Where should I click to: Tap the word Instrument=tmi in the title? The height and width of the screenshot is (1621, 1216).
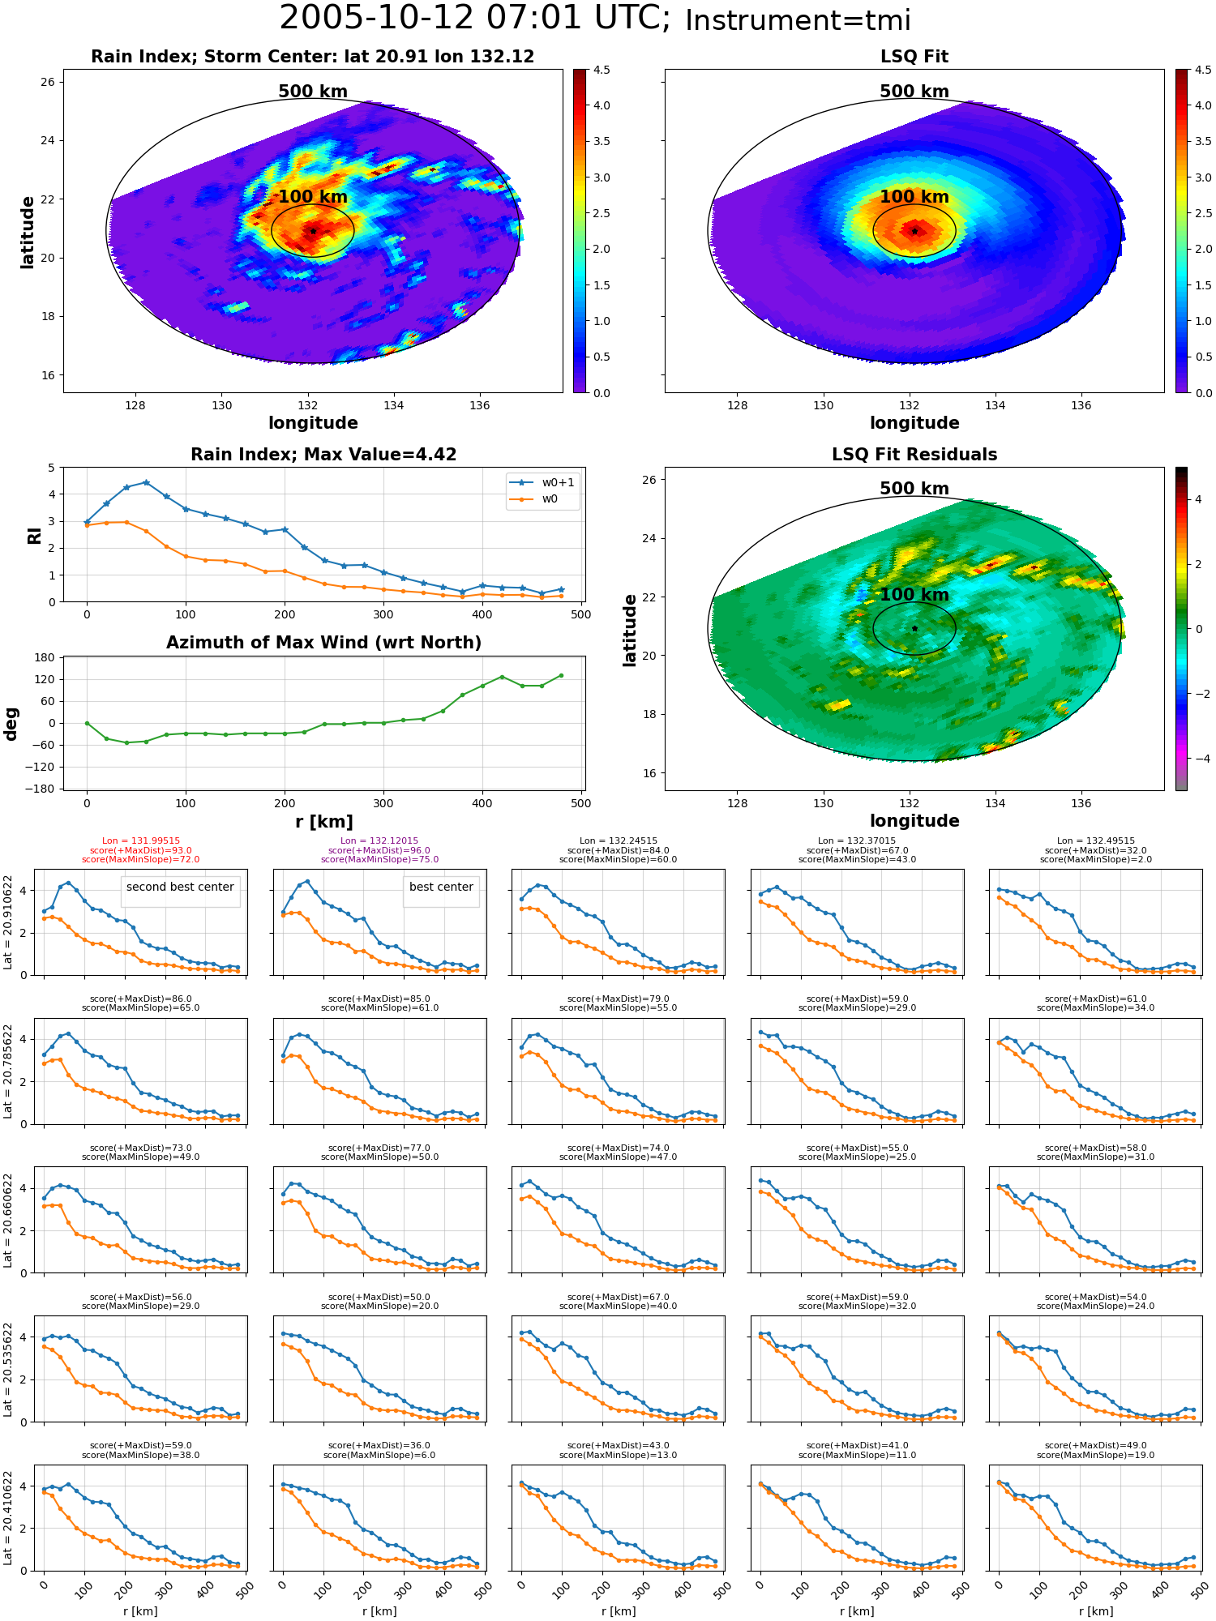(798, 21)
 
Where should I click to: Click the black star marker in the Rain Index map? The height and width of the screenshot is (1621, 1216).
(313, 231)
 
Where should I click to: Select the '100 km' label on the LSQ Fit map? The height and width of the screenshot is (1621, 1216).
(914, 197)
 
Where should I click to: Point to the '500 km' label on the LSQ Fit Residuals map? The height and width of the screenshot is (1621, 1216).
(914, 489)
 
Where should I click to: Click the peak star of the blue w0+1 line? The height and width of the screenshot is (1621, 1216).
(146, 482)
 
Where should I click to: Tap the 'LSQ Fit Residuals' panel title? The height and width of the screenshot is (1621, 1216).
(914, 455)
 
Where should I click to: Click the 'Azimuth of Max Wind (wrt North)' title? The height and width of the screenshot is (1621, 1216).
(323, 643)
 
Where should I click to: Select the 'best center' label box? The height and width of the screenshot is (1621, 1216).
(441, 887)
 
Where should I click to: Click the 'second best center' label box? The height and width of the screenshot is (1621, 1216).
(180, 887)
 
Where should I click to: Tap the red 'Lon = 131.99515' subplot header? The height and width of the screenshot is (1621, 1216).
(141, 841)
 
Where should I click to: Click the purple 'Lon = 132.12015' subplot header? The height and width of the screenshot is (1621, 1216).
(379, 841)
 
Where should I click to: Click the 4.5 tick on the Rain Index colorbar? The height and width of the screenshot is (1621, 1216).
(602, 70)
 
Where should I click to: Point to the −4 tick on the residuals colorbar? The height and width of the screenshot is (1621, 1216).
(1198, 759)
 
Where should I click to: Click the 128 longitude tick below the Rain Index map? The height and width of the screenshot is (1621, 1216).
(135, 405)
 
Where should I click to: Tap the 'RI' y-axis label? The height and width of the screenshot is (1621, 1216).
(35, 535)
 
